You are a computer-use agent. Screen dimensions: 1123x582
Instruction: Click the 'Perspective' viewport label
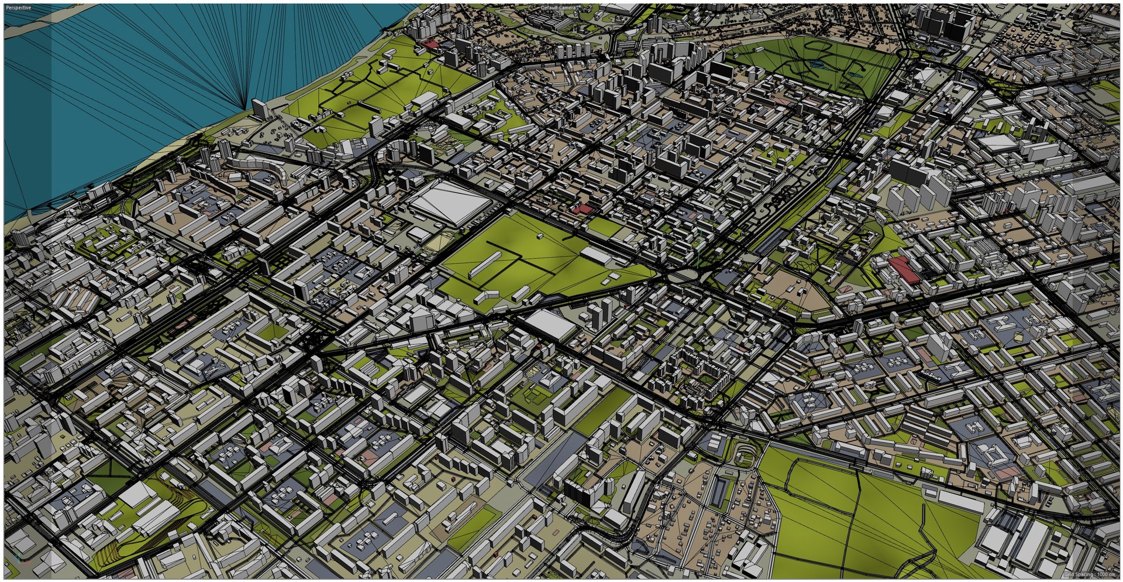tap(19, 8)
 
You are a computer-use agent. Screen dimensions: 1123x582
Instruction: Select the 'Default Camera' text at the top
tap(559, 8)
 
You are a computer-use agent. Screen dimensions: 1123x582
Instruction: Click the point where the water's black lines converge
tap(244, 108)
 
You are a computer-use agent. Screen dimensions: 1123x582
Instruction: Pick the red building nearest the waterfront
tap(430, 44)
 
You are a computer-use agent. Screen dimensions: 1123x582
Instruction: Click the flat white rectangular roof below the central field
tap(552, 325)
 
